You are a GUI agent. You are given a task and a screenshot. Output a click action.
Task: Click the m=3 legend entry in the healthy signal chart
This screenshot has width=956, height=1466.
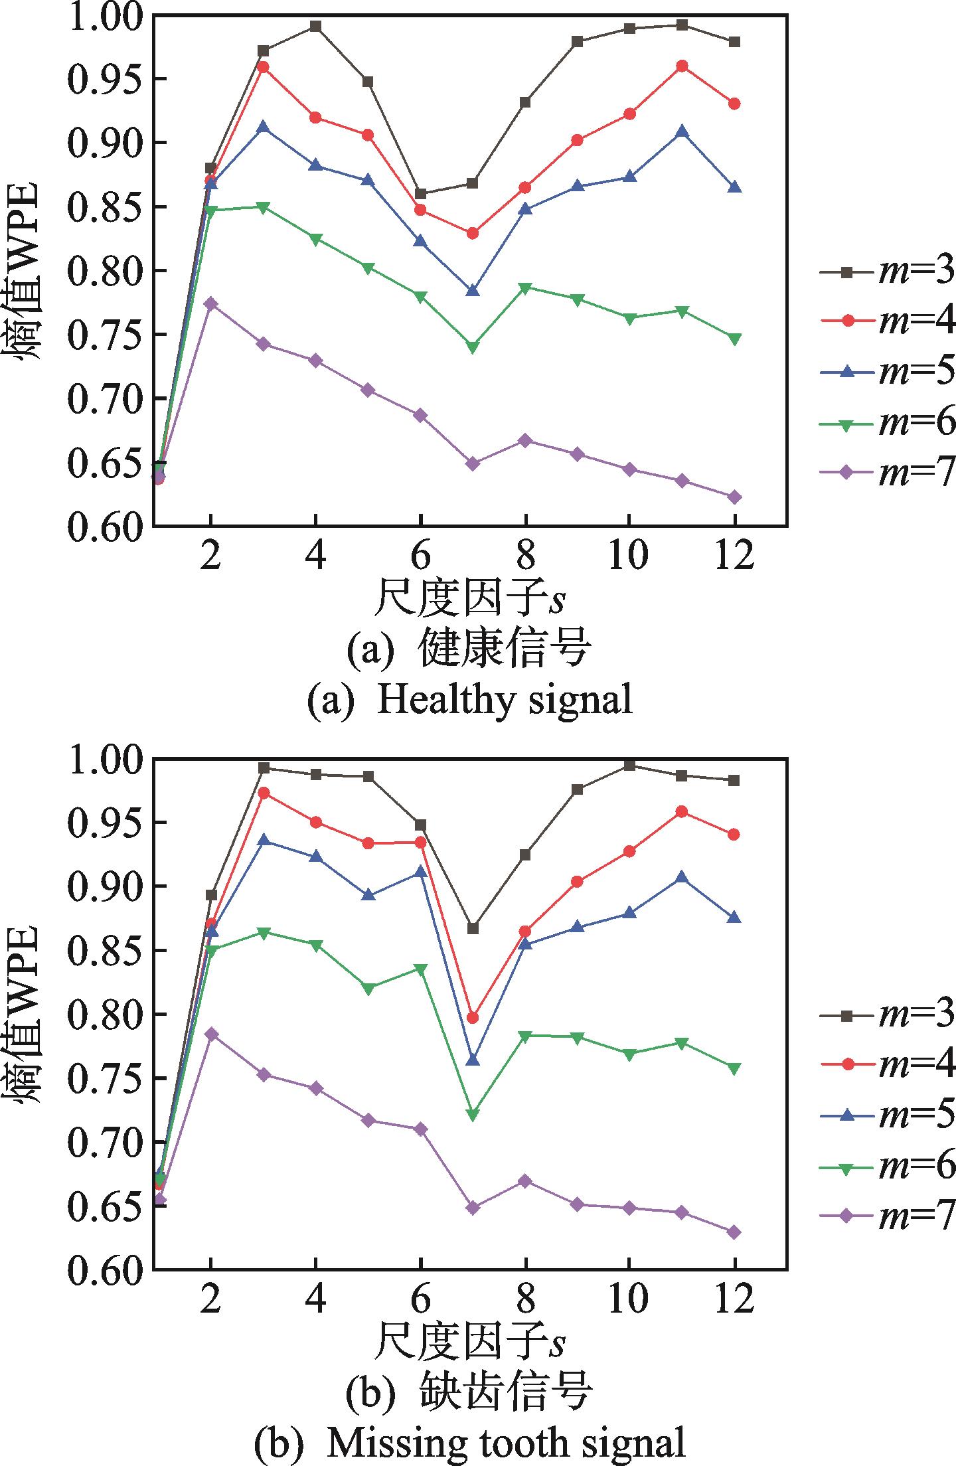point(887,272)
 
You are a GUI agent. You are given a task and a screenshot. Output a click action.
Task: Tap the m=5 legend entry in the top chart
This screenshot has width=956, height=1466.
point(887,372)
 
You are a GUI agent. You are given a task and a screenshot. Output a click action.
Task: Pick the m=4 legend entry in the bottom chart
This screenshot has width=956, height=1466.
point(887,1064)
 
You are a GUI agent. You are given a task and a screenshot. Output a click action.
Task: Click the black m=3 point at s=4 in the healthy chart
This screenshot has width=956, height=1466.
point(315,27)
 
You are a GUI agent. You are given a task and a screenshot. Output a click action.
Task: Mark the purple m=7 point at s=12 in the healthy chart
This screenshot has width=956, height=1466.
point(734,497)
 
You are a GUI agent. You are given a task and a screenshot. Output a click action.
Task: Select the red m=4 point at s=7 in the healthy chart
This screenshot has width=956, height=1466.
point(473,233)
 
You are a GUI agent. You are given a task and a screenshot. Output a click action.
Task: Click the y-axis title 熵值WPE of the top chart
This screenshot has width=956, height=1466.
point(29,270)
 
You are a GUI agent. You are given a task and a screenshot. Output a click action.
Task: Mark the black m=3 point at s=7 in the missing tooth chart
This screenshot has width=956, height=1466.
point(473,928)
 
